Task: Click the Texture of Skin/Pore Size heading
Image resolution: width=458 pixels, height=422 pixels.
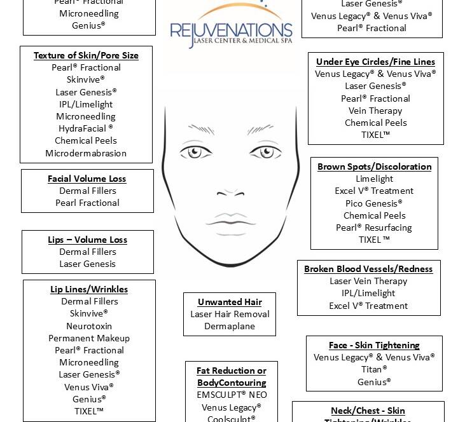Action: click(86, 55)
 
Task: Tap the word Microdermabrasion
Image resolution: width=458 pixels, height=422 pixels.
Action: click(86, 153)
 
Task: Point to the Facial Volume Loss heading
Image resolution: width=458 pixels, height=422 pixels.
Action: click(87, 179)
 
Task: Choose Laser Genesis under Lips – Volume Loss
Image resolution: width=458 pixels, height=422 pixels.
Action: click(88, 264)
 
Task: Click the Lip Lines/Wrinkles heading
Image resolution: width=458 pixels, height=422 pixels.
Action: click(89, 289)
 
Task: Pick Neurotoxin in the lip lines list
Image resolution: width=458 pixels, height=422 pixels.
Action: click(89, 326)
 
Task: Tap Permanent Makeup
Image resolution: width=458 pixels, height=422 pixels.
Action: click(89, 338)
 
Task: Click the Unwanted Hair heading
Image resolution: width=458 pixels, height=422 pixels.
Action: click(230, 302)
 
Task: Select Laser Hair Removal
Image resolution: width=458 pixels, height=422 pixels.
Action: click(230, 314)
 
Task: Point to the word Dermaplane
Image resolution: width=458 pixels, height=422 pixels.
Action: click(230, 326)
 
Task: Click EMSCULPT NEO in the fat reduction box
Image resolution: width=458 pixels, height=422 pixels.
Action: click(232, 395)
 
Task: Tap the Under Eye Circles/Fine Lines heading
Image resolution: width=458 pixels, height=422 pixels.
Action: click(375, 62)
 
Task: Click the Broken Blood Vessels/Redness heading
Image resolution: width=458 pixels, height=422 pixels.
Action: click(368, 269)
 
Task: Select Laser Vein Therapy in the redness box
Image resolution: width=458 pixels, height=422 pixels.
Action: click(368, 281)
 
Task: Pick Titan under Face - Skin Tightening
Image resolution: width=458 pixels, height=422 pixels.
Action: click(374, 369)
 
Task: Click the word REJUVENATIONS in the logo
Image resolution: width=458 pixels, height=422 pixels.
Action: click(231, 31)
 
